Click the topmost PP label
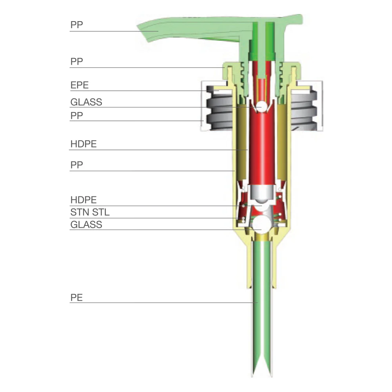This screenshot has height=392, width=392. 76,25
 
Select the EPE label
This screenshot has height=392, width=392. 80,85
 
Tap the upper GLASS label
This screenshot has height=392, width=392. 86,102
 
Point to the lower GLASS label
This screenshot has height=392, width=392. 86,225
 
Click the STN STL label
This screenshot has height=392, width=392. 90,212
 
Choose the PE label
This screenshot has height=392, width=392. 76,298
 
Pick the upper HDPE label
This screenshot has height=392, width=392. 83,144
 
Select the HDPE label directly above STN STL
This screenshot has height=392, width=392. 83,200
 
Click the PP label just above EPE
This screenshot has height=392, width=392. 76,62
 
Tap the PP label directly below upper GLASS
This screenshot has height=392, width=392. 76,116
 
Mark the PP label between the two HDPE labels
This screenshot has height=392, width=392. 76,165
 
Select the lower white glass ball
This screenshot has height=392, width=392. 261,224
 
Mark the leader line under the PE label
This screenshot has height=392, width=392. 163,303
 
